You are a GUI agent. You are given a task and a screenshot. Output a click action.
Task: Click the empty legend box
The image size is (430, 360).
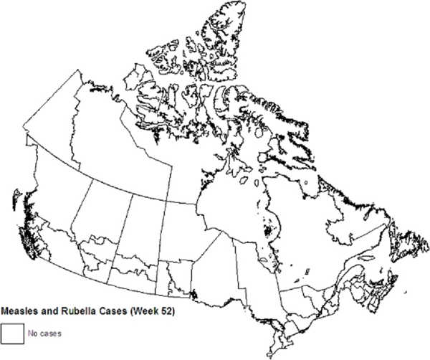coord(11,333)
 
